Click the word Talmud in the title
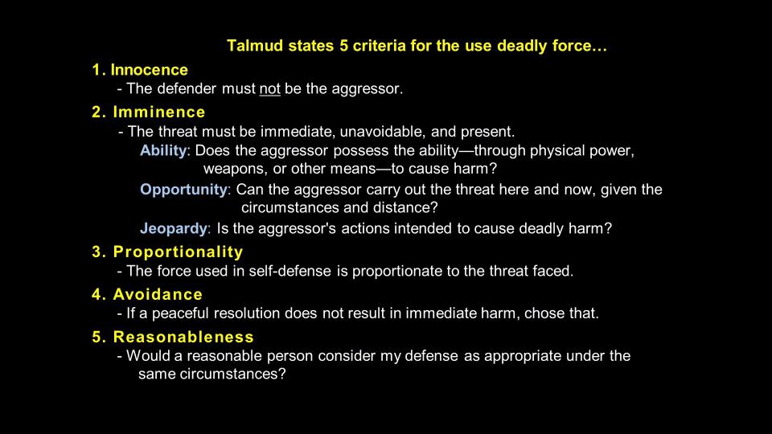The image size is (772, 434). point(255,46)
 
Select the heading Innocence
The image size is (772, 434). point(150,70)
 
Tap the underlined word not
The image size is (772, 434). point(270,89)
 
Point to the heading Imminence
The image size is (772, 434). point(159,113)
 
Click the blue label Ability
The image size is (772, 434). point(163,150)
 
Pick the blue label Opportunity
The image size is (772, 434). point(183,190)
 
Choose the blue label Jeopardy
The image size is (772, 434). point(174,228)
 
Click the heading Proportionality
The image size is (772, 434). point(179,252)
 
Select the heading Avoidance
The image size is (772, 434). point(158,294)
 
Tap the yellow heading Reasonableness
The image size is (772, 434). point(183,337)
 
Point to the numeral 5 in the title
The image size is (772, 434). point(343,46)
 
